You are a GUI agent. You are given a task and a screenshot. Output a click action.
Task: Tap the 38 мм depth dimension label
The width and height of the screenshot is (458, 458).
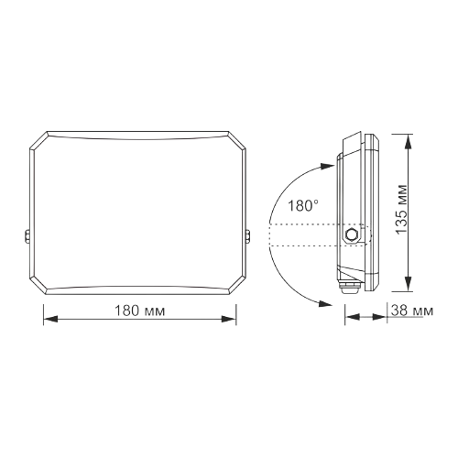[409, 311]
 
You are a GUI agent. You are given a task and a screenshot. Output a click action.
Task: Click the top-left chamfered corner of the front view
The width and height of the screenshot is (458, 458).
[38, 140]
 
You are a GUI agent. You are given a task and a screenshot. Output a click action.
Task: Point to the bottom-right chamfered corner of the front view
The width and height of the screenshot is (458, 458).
[236, 286]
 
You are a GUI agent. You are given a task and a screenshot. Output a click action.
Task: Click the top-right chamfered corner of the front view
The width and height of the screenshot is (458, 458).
[236, 140]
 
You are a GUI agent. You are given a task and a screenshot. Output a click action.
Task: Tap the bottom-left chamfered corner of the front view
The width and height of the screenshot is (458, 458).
[38, 286]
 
